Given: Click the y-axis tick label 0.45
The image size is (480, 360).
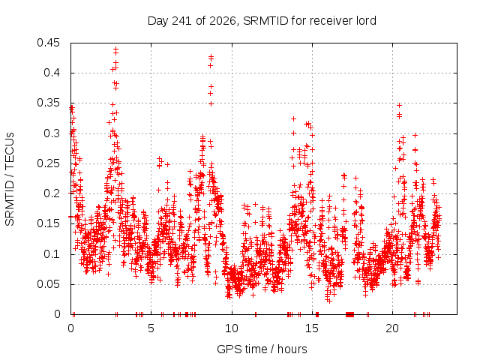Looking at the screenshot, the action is pos(48,43).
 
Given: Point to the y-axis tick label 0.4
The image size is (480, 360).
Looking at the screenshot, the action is pos(52,73).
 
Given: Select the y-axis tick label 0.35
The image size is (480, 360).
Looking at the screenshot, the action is pos(48,103).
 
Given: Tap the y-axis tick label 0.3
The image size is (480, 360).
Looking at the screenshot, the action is pos(52,133).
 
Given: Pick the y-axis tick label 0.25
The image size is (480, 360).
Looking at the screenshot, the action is pos(48,163).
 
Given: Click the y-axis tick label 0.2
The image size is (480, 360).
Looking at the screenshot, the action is pos(52,193).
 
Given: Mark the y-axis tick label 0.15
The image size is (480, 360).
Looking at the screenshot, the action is pos(48,223).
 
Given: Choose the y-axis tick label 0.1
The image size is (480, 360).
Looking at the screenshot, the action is pos(52,254).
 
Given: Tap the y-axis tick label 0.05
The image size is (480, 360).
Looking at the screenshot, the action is pos(48,284).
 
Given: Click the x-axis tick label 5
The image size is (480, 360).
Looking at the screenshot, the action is pos(151,328).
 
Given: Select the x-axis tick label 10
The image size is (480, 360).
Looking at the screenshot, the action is pos(232,328).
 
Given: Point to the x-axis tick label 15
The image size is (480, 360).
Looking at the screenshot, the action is pos(312,328).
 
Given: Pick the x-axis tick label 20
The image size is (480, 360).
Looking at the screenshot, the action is pos(392,328).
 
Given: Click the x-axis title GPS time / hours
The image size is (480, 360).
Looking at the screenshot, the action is pos(262,349).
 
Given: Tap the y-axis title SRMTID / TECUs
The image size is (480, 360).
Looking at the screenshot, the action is pos(10,179).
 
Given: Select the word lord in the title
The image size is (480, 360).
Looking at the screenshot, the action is pos(366,21).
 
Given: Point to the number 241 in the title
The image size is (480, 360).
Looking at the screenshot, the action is pos(182,21).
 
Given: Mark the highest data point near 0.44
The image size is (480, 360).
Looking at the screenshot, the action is pos(115,49).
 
